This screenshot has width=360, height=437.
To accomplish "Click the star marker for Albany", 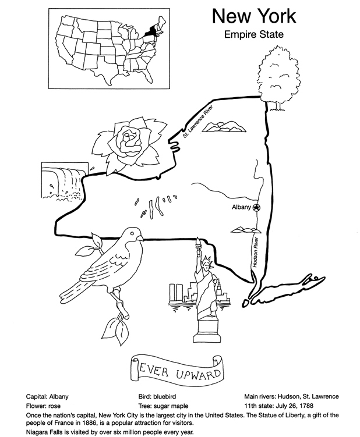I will tap(257, 207).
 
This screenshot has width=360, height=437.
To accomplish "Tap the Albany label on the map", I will tap(241, 207).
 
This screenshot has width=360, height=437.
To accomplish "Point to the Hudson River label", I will tap(256, 251).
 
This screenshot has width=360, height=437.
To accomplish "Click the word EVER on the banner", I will tap(151, 368).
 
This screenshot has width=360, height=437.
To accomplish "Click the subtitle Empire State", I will tap(253, 34).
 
